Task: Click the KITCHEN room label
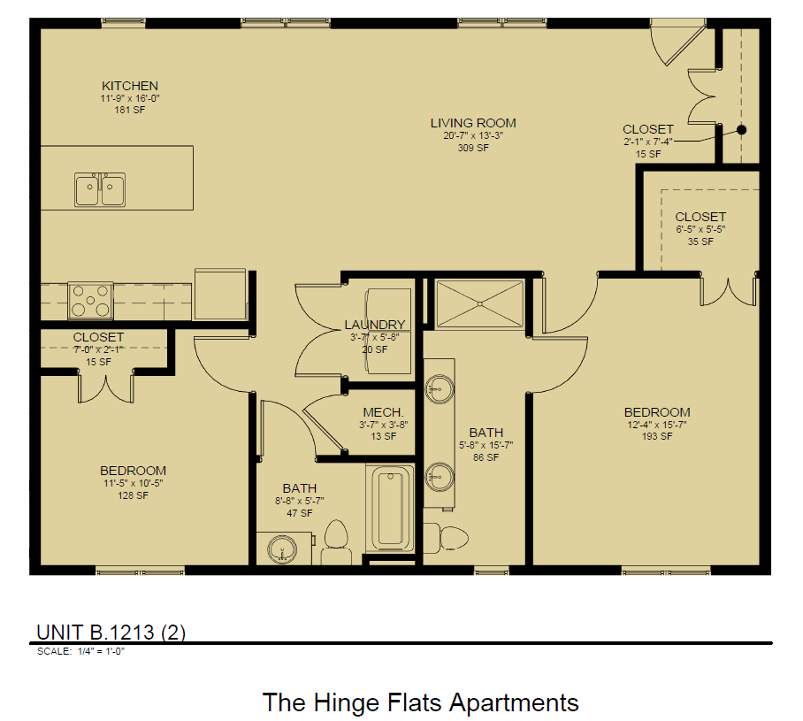[130, 86]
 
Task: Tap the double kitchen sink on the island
[99, 189]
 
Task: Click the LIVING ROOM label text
[473, 123]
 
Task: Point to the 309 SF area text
[473, 149]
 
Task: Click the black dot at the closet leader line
[742, 129]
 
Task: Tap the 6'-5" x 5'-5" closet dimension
[700, 229]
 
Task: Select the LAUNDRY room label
[375, 325]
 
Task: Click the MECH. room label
[383, 413]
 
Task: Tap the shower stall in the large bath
[479, 303]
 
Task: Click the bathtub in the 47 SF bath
[390, 510]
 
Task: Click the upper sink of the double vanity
[439, 387]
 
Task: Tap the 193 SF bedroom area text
[656, 436]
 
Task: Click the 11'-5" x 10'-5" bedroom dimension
[133, 483]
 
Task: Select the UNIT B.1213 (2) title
[111, 632]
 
